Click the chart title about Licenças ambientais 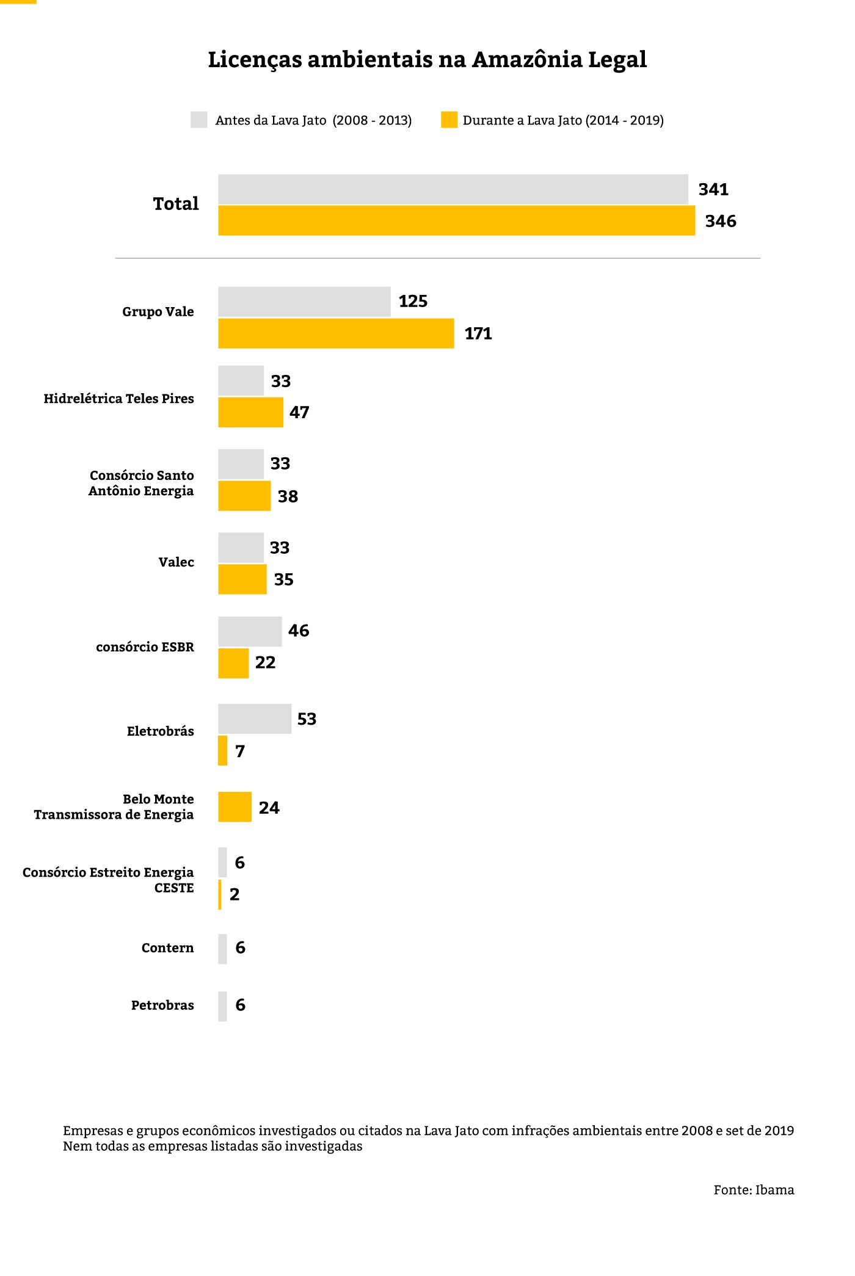tap(427, 60)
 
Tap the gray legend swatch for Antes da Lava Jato tap(199, 120)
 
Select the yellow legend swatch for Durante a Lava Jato tap(449, 120)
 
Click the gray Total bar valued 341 tap(453, 189)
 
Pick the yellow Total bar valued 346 tap(456, 220)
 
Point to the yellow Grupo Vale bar tap(336, 333)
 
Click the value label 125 tap(413, 302)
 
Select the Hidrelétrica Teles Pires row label tap(118, 399)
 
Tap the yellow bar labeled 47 tap(250, 412)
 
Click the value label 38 tap(288, 496)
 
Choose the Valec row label tap(176, 562)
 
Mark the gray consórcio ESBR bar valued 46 tap(250, 631)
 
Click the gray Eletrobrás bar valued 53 tap(255, 719)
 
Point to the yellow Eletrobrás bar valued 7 tap(223, 750)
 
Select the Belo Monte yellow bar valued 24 tap(235, 807)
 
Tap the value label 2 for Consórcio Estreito tap(235, 894)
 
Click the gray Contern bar tap(222, 949)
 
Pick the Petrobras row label tap(162, 1006)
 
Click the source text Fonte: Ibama tap(754, 1190)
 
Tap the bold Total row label tap(176, 203)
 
